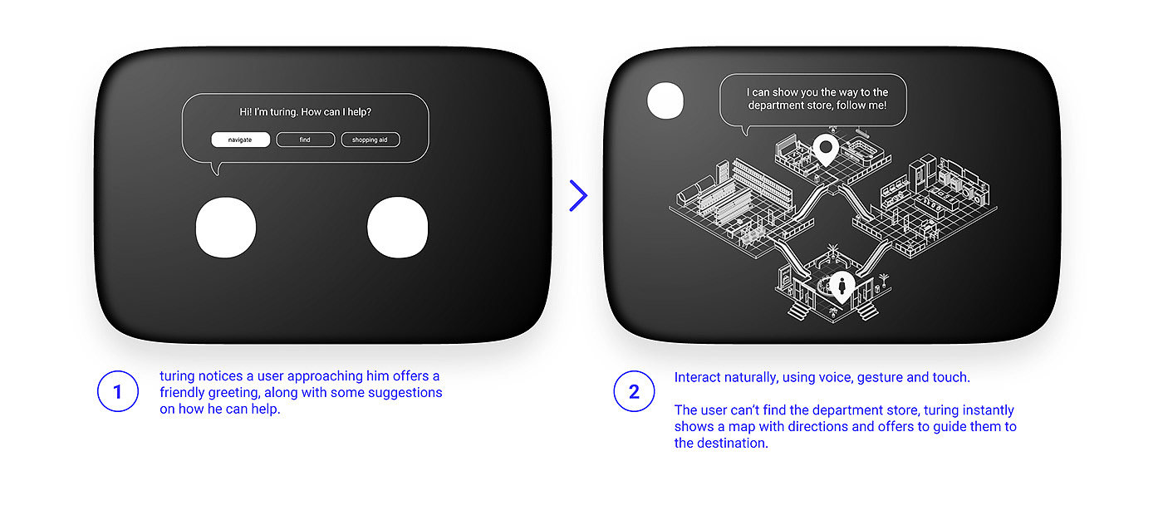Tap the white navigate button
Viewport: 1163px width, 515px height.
(240, 140)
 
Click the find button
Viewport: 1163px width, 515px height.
(306, 140)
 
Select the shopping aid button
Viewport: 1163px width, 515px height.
(370, 140)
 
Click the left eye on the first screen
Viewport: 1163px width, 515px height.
(226, 227)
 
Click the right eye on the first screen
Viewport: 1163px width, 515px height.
(398, 227)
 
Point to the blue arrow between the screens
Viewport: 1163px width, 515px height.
(578, 196)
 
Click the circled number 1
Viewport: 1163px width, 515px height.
(118, 391)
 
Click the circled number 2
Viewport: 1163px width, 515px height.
(634, 391)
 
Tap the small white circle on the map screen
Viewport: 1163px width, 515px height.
(665, 101)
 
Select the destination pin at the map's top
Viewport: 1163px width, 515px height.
(826, 149)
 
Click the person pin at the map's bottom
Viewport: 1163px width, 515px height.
(842, 287)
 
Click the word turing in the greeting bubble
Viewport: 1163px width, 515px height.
(283, 112)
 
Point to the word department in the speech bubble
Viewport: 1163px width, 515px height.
(774, 106)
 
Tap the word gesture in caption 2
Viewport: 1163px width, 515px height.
(880, 378)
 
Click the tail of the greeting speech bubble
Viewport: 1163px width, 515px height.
(217, 169)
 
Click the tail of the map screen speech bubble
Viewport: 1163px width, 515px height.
(746, 130)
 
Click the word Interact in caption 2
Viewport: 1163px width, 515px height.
(697, 377)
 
